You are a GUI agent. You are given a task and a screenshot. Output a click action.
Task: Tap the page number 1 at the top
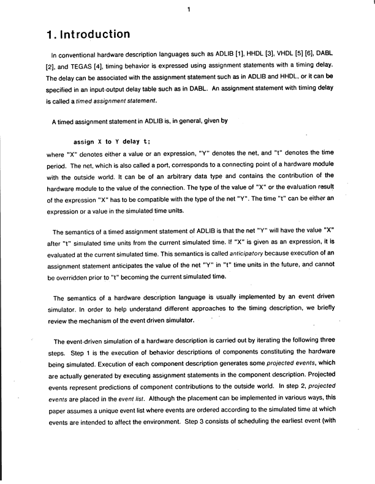(x=189, y=9)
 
